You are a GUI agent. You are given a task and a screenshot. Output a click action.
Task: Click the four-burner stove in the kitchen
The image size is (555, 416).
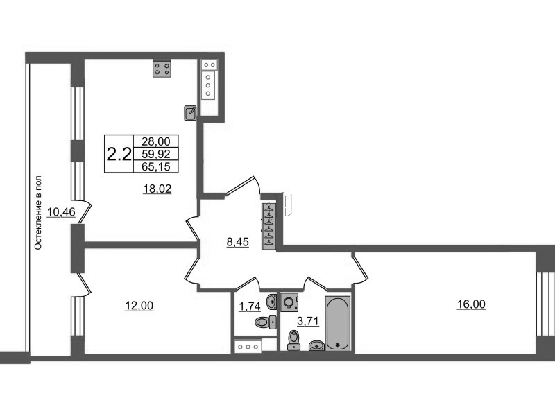pos(162,68)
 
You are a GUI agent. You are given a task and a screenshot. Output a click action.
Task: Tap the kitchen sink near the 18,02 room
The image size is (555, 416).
pos(190,113)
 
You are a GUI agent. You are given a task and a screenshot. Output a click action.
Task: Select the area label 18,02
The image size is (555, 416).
pos(157,189)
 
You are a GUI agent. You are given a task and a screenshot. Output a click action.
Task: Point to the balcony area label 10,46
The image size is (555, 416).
pos(61,212)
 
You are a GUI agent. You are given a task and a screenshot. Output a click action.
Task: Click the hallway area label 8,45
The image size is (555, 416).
pos(237,242)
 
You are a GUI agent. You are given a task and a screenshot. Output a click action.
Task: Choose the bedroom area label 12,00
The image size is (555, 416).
pos(139,305)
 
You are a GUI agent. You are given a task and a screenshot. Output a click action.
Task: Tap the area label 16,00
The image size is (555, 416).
pos(471,304)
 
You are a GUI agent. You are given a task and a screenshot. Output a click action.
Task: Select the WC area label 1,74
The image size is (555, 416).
pos(250,306)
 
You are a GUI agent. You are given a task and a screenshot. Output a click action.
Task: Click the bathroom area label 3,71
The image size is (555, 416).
pos(308,321)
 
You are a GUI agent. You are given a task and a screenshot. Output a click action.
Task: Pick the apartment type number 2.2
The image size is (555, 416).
pos(119,154)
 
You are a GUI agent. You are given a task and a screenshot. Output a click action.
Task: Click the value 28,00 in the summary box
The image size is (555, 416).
pos(155,141)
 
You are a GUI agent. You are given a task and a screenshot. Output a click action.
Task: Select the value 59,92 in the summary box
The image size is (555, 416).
pos(155,154)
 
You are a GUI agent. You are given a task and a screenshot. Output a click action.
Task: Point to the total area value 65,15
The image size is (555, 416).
pos(155,166)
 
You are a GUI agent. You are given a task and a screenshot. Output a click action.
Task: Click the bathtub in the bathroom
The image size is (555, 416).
pos(338,324)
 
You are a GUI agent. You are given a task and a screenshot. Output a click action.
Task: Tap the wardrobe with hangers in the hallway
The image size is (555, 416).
pos(269,226)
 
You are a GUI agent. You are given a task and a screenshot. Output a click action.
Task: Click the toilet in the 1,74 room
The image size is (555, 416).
pos(266,322)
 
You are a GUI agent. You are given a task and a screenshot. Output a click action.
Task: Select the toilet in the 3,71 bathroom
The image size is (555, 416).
pos(293,340)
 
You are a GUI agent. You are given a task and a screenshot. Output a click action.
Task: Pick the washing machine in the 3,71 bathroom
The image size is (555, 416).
pos(289,302)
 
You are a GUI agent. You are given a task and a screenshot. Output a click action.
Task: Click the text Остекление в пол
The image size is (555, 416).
pos(38,213)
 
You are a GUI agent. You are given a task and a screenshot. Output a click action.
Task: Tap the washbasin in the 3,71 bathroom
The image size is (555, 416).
pos(317,345)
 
